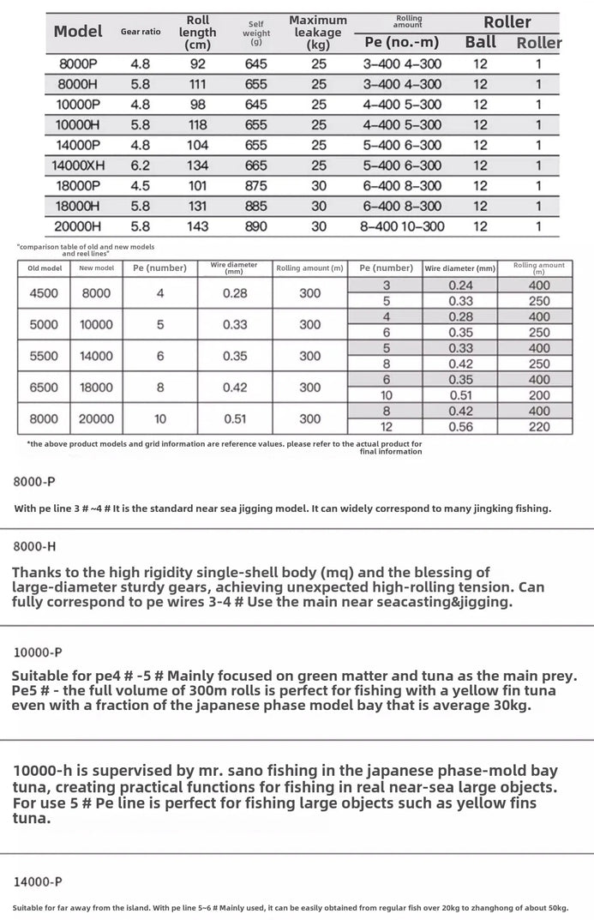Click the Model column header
tap(78, 32)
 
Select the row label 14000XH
tap(78, 165)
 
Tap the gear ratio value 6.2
tap(140, 165)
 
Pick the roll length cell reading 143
tap(197, 226)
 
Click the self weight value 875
tap(255, 186)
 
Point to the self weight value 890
tap(255, 226)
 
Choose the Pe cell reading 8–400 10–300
tap(402, 226)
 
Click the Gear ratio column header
tap(140, 32)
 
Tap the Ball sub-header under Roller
tap(480, 42)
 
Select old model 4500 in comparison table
tap(44, 293)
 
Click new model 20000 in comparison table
tap(96, 419)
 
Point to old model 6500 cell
tap(44, 388)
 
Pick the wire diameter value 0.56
tap(460, 427)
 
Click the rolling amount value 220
tap(539, 427)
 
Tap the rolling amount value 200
tap(539, 395)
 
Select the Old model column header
tap(45, 268)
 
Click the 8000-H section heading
tap(35, 545)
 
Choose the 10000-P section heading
tap(38, 652)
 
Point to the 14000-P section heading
tap(37, 881)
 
